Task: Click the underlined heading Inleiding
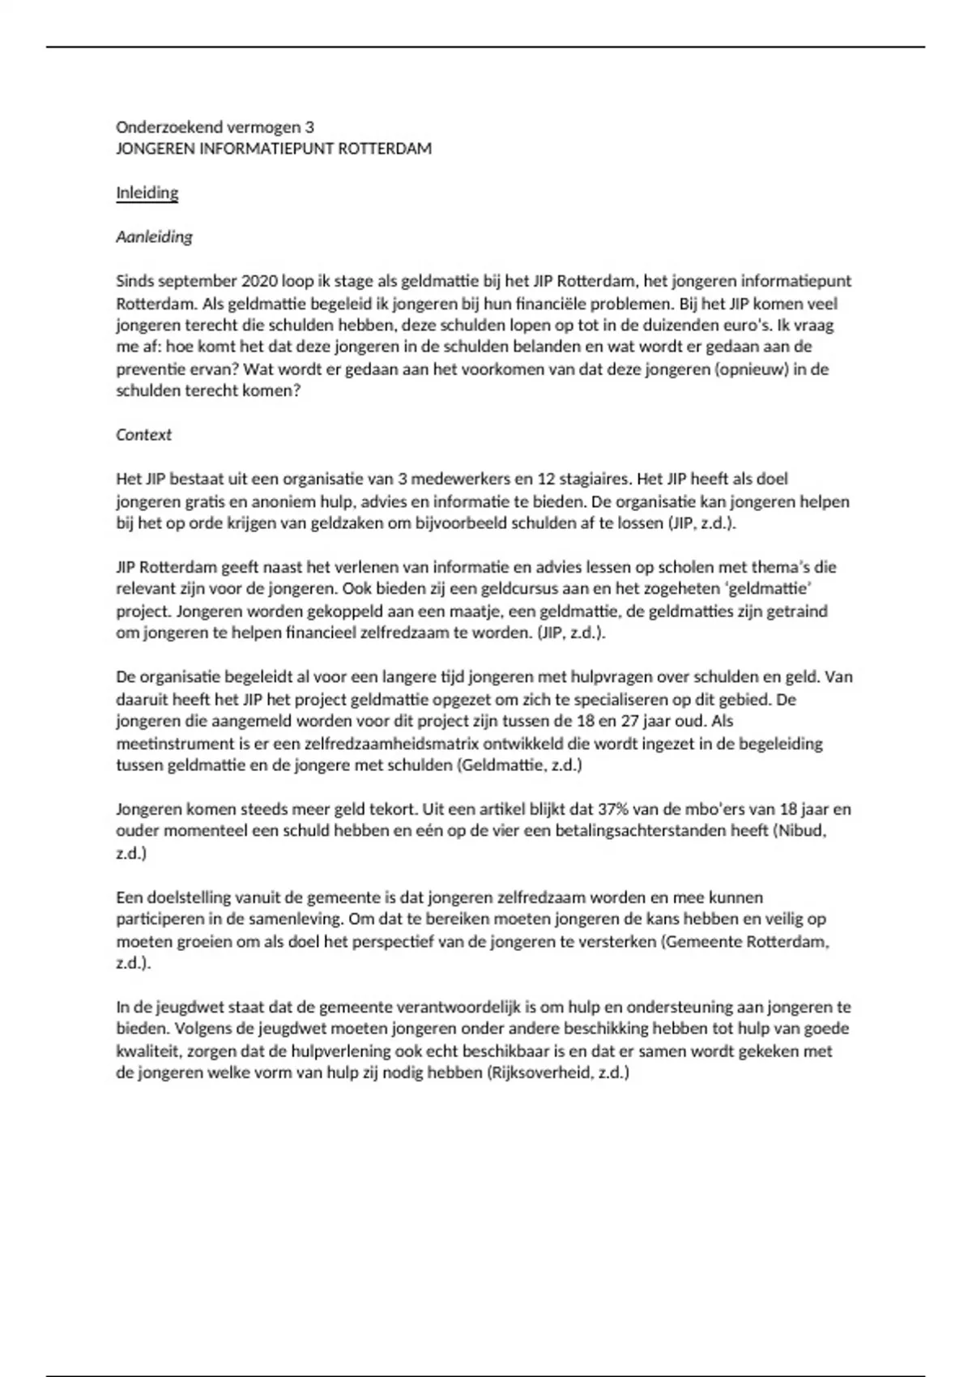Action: click(147, 193)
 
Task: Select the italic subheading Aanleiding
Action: click(154, 237)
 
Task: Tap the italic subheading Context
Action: click(143, 434)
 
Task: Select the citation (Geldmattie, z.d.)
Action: click(519, 765)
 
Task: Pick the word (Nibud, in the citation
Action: click(799, 830)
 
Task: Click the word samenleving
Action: click(296, 919)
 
